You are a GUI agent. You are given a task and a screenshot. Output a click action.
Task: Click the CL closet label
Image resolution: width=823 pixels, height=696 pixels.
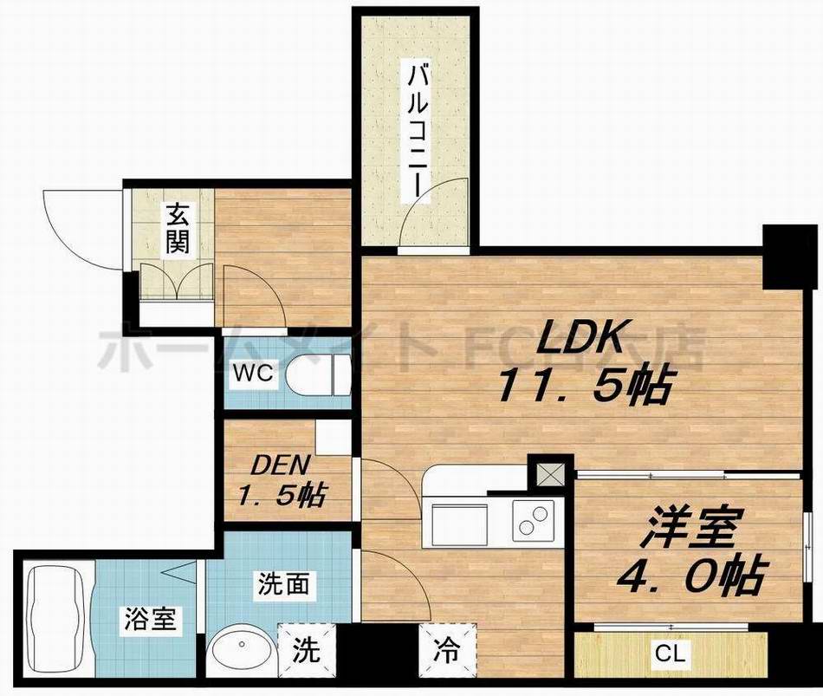click(x=671, y=654)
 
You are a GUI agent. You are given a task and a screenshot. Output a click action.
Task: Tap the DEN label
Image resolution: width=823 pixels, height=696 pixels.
click(x=273, y=464)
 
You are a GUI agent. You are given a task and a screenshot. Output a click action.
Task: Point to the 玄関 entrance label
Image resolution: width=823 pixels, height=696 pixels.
click(x=178, y=228)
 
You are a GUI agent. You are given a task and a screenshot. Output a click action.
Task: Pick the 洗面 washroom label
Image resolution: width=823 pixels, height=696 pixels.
click(x=282, y=584)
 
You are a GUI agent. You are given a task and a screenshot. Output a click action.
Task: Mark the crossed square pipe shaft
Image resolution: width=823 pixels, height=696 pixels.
click(x=548, y=474)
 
